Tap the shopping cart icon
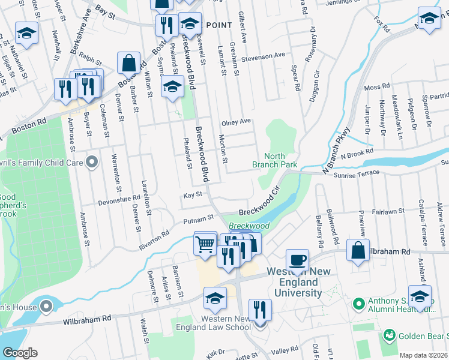point(205,245)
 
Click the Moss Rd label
point(376,88)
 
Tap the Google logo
point(20,352)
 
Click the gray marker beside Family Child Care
point(91,162)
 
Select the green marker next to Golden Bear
point(390,334)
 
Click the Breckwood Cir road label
point(260,203)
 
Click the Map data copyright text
point(423,355)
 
